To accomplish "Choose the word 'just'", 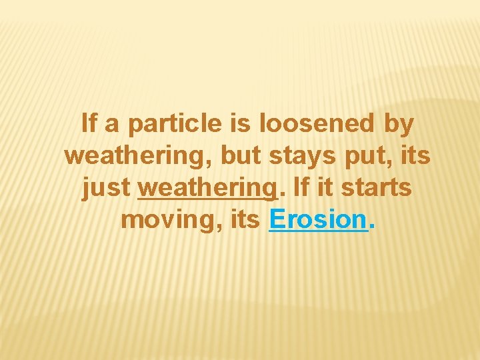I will (106, 189).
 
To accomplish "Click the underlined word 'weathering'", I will (207, 189).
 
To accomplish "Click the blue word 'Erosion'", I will (318, 219).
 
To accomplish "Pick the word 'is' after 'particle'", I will (239, 124).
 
